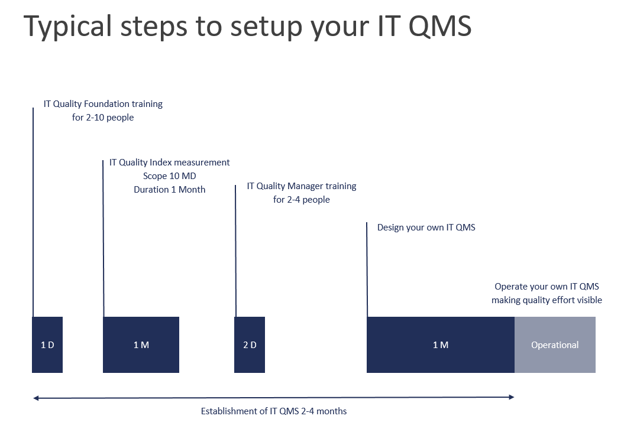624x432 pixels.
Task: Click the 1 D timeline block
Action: (x=47, y=345)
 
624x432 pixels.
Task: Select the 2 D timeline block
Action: (x=250, y=345)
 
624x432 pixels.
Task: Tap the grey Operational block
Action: (x=555, y=345)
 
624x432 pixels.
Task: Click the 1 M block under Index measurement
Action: (x=141, y=345)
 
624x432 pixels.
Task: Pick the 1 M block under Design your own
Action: (x=441, y=345)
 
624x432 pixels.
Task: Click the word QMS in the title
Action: (x=439, y=26)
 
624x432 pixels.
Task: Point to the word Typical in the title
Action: (x=67, y=27)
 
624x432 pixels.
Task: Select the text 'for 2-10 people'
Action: (x=103, y=118)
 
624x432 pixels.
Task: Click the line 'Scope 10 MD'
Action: (x=170, y=176)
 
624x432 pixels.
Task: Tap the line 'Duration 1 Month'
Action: (x=170, y=189)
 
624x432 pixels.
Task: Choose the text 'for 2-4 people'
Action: (x=301, y=199)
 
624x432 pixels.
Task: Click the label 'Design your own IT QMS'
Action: (x=426, y=227)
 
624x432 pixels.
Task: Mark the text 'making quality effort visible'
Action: (x=547, y=300)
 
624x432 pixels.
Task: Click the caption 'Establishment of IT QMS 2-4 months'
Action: (x=274, y=411)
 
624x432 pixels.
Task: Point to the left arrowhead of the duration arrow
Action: (x=36, y=398)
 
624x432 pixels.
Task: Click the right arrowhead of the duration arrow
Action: (x=512, y=397)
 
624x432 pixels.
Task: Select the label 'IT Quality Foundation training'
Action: (x=103, y=104)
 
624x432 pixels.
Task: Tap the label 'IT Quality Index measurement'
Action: (x=170, y=163)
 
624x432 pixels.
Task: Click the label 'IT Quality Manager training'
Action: (x=301, y=186)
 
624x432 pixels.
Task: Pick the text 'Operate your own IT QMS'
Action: (x=547, y=287)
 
